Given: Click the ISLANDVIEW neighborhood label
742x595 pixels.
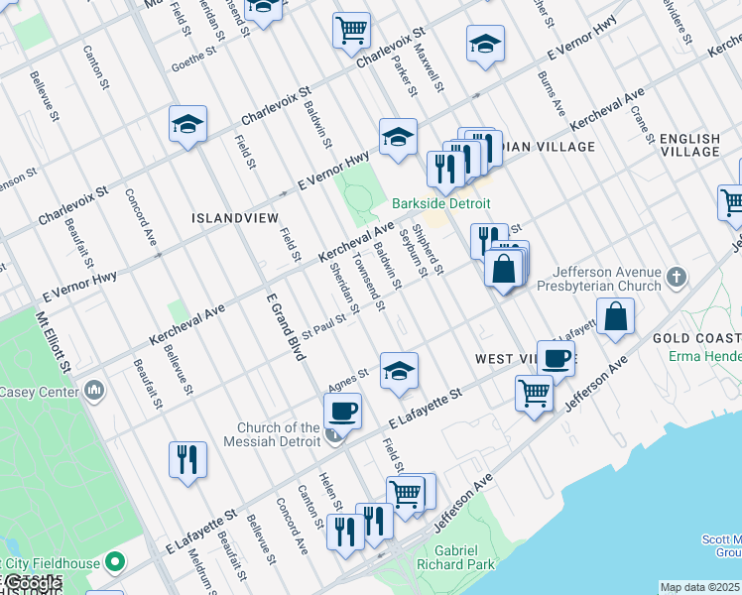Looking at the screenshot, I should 235,217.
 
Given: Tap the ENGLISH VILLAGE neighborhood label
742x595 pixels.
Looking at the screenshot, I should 689,145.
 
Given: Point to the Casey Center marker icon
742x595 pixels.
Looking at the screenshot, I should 93,391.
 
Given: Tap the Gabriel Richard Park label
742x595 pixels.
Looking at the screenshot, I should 464,557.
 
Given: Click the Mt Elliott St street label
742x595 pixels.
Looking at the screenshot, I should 54,345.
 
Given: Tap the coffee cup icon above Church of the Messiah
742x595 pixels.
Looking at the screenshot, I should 343,410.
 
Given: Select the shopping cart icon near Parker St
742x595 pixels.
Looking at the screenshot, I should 351,30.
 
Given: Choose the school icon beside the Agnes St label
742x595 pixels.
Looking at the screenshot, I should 398,371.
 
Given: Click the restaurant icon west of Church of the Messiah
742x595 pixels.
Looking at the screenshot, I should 187,459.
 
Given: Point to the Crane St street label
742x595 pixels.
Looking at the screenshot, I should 642,126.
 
